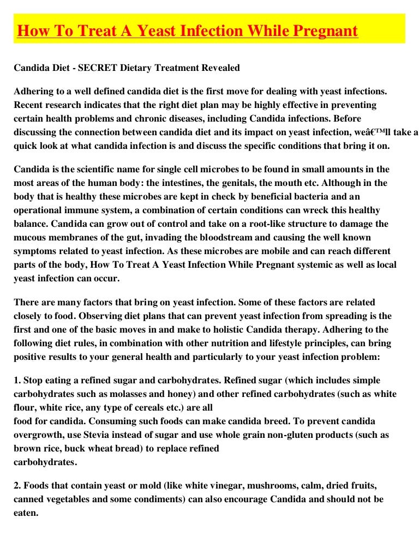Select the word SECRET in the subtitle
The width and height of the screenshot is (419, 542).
pos(97,68)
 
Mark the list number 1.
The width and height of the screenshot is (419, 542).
pos(16,380)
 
